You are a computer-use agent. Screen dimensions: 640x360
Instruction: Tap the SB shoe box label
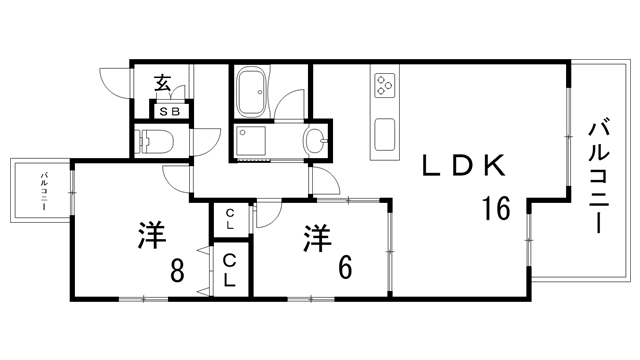click(x=169, y=112)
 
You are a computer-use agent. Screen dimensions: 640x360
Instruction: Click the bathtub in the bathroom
click(x=252, y=93)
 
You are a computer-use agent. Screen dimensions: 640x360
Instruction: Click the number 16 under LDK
click(x=496, y=209)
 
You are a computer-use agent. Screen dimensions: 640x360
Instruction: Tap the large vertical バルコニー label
click(x=599, y=176)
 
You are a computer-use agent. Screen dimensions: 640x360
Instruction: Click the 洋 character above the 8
click(x=151, y=236)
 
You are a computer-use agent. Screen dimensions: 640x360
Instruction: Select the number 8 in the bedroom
click(x=177, y=269)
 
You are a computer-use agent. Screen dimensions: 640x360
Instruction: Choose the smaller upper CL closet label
click(x=230, y=215)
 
